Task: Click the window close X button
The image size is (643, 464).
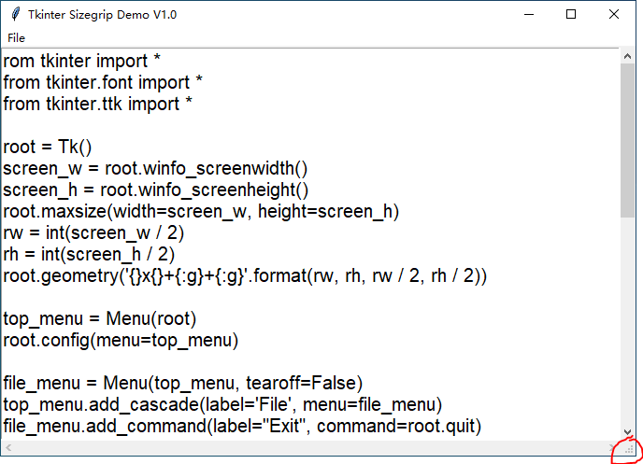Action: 612,14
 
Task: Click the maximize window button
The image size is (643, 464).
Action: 571,14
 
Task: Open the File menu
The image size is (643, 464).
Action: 16,37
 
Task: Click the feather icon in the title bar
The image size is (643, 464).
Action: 13,15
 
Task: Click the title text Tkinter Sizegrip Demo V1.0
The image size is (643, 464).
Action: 102,15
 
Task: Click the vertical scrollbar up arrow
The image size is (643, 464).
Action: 627,57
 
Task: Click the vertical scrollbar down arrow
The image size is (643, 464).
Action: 627,432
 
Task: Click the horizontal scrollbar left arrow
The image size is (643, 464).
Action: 7,449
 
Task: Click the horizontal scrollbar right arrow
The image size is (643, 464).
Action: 612,449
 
